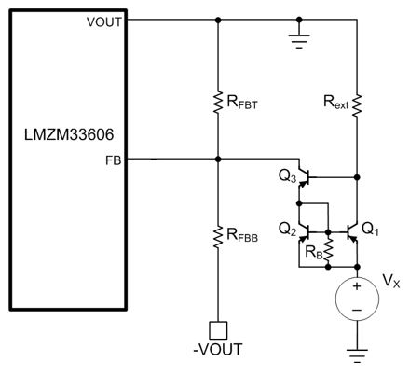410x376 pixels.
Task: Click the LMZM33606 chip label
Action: [69, 135]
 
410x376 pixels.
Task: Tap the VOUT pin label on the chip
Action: [104, 22]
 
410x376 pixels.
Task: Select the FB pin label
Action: [114, 160]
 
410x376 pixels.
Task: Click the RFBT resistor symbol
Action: [218, 102]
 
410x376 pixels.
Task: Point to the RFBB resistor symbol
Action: [218, 237]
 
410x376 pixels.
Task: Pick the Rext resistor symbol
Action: [357, 105]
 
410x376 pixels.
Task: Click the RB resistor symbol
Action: [328, 250]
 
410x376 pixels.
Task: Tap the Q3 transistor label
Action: [288, 176]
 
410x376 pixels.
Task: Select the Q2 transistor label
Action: [288, 230]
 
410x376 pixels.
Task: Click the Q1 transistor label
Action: [371, 230]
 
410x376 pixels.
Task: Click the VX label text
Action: [391, 281]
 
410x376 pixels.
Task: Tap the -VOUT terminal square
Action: [218, 330]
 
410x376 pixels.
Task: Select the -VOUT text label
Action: [218, 350]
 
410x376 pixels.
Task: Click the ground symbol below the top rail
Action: [299, 40]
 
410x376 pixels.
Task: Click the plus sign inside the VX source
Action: [357, 286]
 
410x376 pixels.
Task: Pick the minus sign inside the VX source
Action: [357, 310]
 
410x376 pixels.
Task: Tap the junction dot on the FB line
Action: [218, 160]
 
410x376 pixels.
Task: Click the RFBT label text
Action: [242, 103]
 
